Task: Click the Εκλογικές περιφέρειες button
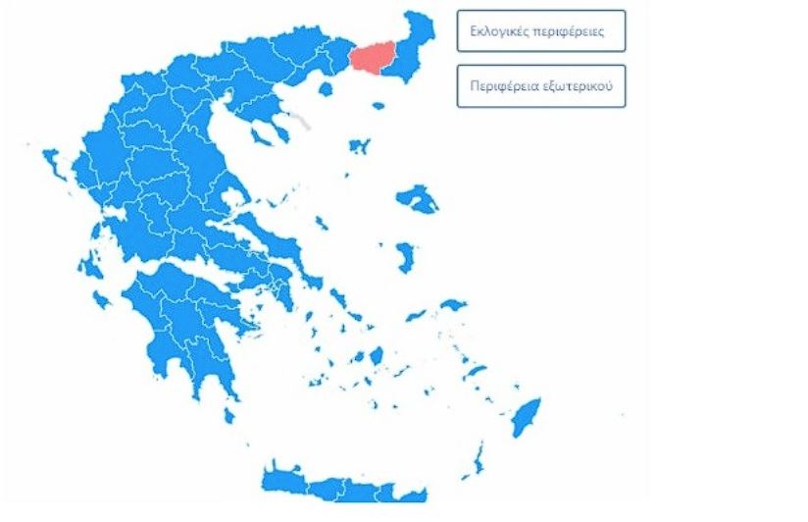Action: coord(540,31)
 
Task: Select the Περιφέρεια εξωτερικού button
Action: coord(540,85)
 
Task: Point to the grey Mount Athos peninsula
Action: coord(299,121)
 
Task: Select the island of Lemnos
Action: coord(358,147)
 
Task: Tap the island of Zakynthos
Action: coord(101,299)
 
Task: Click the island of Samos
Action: coord(452,305)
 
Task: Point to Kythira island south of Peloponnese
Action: coord(229,416)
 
